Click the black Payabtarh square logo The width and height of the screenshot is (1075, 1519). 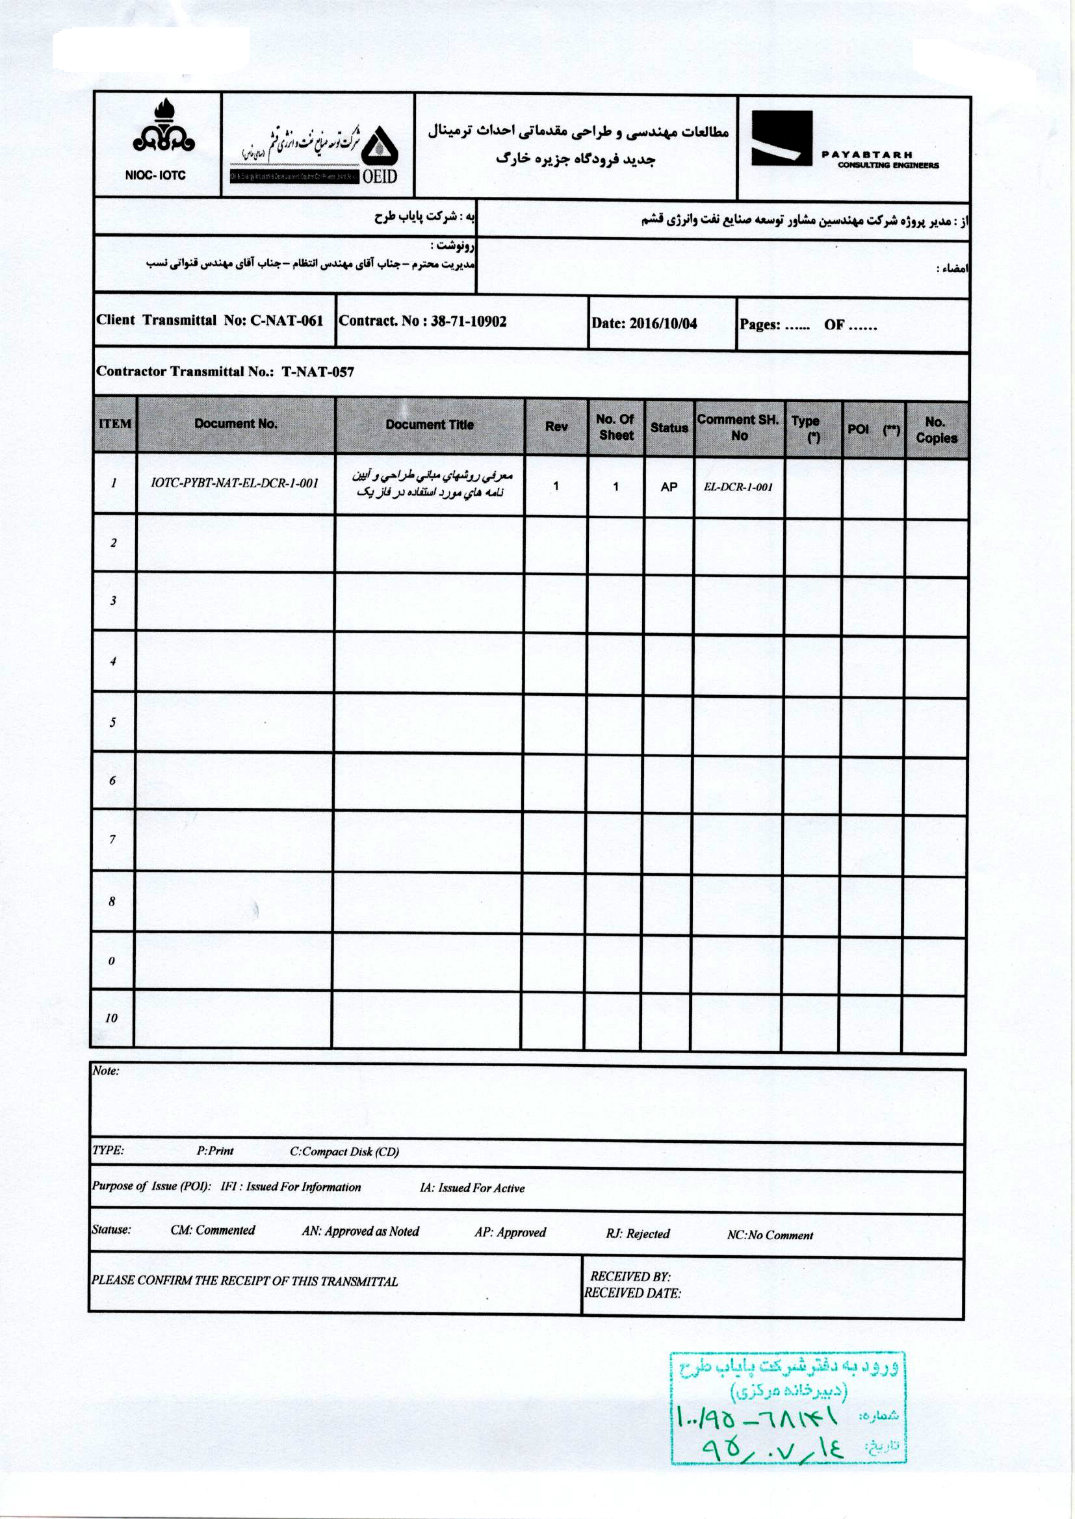coord(781,138)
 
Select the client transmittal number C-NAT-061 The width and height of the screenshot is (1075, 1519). coord(287,321)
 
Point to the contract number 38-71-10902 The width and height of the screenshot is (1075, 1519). coord(468,322)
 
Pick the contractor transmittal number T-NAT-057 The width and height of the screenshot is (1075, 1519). coord(318,372)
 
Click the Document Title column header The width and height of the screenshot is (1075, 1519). coord(430,425)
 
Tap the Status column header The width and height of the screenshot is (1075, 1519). coord(669,428)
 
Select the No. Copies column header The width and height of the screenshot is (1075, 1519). coord(936,429)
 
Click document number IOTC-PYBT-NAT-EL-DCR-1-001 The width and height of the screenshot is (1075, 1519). coord(235,483)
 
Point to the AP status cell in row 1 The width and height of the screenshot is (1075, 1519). coord(669,487)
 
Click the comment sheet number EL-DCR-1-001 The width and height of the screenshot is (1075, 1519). coord(739,487)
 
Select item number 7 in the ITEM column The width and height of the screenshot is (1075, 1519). coord(112,839)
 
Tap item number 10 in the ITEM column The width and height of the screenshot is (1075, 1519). coord(111,1018)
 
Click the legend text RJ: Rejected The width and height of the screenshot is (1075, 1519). coord(638,1234)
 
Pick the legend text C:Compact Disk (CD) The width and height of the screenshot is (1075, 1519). coord(344,1152)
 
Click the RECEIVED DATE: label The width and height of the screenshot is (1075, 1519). coord(632,1293)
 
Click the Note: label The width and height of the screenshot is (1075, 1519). coord(106,1071)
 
